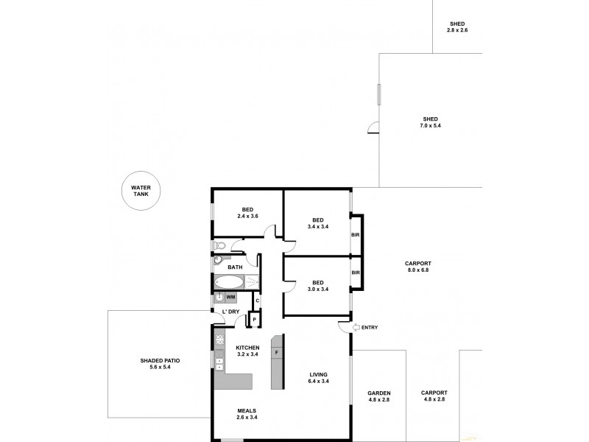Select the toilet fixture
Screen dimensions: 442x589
(x=219, y=245)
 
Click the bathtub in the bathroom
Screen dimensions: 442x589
(x=229, y=282)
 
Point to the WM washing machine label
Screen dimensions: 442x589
(x=230, y=297)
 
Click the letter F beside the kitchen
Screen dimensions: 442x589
(x=276, y=353)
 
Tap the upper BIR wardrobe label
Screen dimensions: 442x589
(x=356, y=235)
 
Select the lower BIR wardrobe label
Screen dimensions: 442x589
(x=356, y=273)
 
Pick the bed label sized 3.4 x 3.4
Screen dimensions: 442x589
(x=318, y=223)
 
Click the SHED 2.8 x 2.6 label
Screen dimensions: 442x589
(x=458, y=28)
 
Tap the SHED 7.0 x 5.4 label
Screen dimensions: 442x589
(x=431, y=123)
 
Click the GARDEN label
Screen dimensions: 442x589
(x=379, y=396)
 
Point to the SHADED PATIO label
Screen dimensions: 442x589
(x=160, y=363)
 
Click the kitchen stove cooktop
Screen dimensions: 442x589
(x=219, y=340)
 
